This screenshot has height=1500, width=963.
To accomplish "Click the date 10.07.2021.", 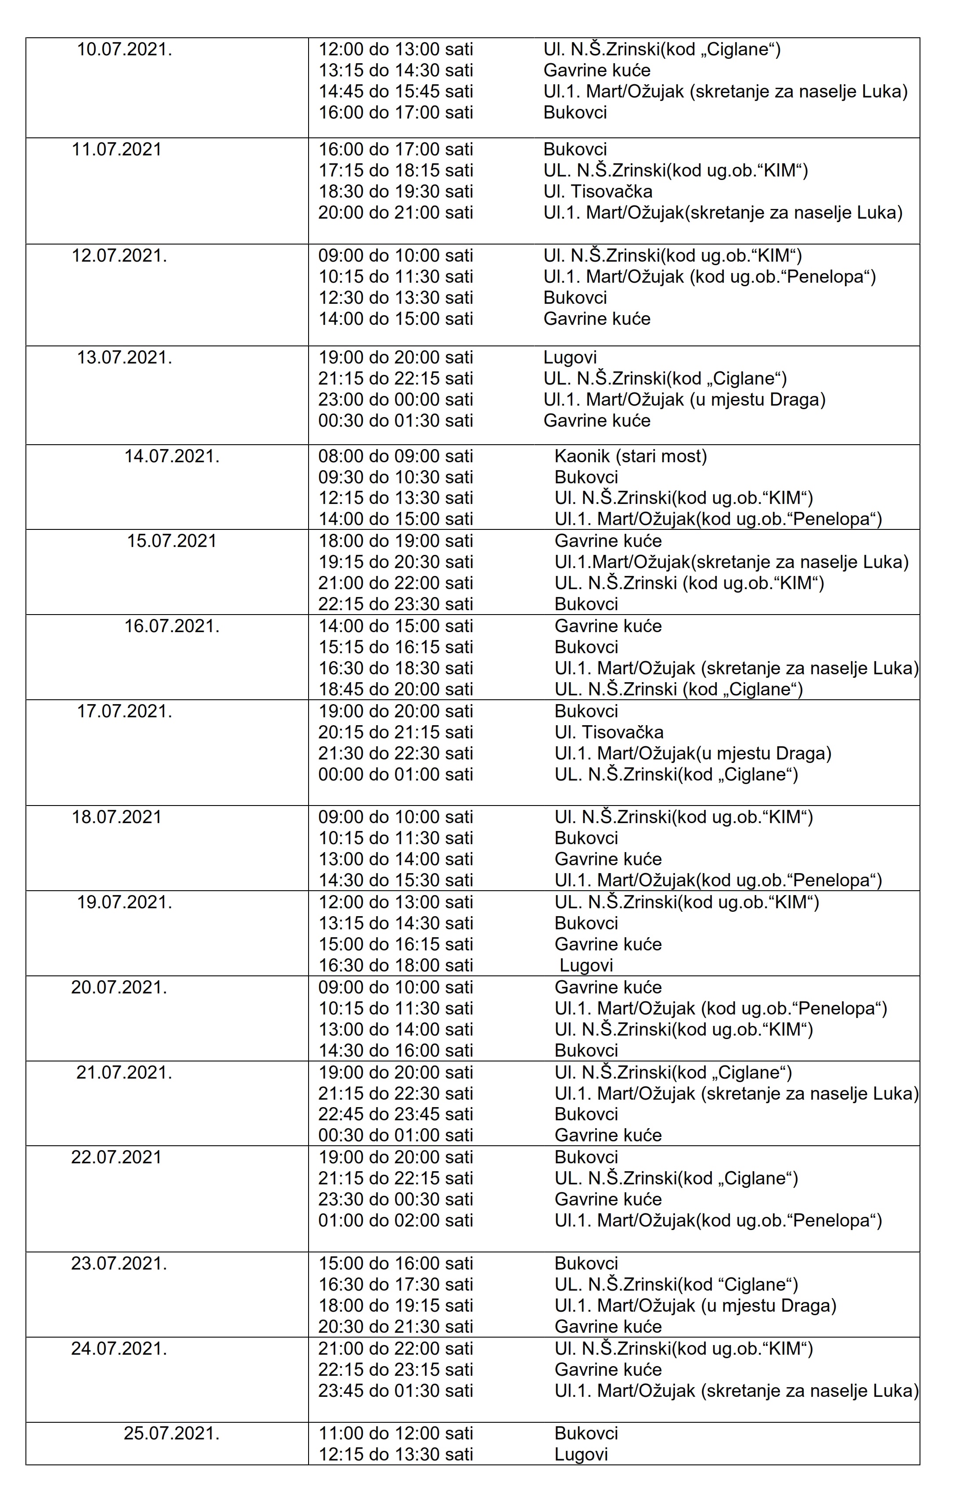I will tap(125, 50).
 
